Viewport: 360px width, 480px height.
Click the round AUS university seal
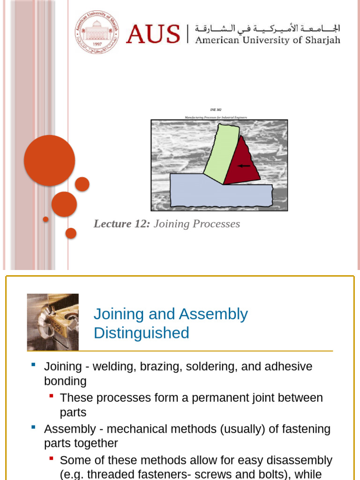[x=97, y=32]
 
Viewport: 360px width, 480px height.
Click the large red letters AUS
[x=153, y=34]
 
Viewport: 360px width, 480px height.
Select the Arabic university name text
[x=268, y=28]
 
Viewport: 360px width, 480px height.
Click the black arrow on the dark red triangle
[x=244, y=165]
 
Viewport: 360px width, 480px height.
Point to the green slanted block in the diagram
[x=221, y=154]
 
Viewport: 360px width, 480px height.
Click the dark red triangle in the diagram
[x=242, y=164]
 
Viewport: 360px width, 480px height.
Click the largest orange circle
[x=49, y=160]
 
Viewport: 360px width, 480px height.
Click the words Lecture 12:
[x=122, y=224]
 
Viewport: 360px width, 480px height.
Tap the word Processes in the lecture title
[x=217, y=224]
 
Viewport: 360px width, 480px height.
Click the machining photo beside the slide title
[x=53, y=322]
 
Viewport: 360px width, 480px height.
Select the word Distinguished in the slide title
[x=141, y=333]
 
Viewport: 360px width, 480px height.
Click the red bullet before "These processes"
[x=51, y=396]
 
